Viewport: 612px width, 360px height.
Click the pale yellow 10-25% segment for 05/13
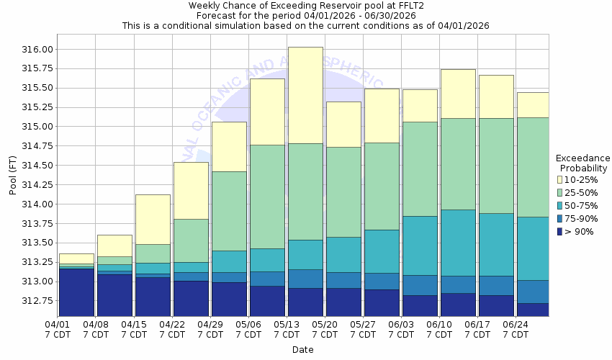click(x=305, y=95)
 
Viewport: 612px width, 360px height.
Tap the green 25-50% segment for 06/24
click(x=533, y=167)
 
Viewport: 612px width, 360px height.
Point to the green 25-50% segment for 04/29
click(x=229, y=211)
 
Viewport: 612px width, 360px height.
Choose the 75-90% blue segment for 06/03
click(x=420, y=285)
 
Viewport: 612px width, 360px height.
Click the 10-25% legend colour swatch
click(x=559, y=179)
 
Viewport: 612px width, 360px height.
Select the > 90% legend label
click(x=580, y=232)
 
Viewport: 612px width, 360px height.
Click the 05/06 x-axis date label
click(x=248, y=330)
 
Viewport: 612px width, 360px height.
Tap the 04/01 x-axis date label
click(x=57, y=330)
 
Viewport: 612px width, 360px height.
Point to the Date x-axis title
click(x=302, y=350)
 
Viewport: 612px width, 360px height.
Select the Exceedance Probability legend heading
click(x=582, y=163)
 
